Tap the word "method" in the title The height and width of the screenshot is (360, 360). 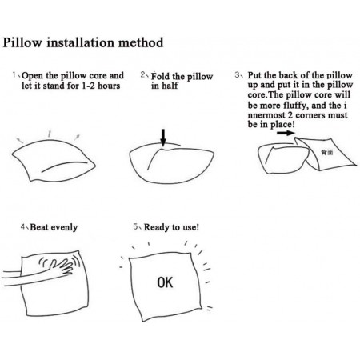[x=141, y=42]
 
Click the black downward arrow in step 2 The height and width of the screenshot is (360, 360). [x=163, y=138]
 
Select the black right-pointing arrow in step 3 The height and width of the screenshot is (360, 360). [x=285, y=133]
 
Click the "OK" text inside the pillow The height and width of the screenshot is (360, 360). [x=165, y=282]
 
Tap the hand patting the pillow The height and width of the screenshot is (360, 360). [x=61, y=267]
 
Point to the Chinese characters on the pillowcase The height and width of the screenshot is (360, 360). [x=327, y=152]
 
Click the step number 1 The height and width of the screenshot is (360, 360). [x=14, y=74]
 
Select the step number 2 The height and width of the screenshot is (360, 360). [x=143, y=74]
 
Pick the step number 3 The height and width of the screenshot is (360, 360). [x=237, y=74]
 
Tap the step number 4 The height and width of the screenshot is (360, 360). [x=22, y=227]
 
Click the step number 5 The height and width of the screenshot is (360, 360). [x=136, y=227]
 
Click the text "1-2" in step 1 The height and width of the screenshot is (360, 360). [x=88, y=86]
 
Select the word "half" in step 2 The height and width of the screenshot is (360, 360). [x=170, y=86]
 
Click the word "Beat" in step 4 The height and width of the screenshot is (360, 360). [x=39, y=227]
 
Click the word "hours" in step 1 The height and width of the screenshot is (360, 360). [x=109, y=86]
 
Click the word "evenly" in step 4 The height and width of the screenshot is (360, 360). [x=64, y=228]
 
